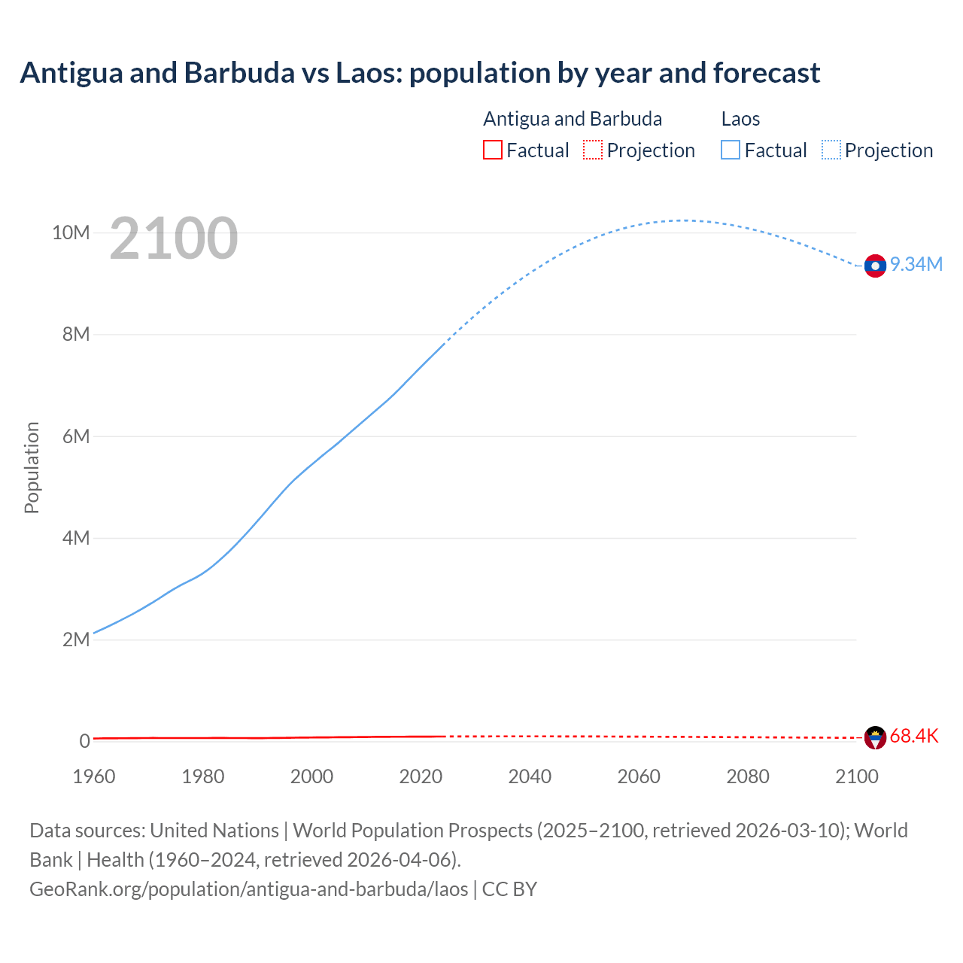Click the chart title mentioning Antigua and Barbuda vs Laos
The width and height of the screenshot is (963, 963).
pos(420,73)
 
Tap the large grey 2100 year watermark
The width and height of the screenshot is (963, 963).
pos(174,238)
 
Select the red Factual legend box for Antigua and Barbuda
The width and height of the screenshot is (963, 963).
pos(492,150)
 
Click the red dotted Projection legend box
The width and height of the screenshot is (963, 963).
pos(593,150)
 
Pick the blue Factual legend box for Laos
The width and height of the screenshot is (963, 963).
pos(730,150)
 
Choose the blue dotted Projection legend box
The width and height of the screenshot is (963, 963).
pos(831,150)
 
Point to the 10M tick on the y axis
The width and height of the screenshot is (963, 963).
pos(71,232)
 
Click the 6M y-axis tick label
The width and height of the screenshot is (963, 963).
pos(76,436)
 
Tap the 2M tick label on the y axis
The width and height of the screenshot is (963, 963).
pos(76,639)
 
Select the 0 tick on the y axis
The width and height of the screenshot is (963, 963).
pos(85,741)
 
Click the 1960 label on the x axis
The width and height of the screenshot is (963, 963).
pos(94,776)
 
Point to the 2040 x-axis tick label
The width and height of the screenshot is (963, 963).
pos(530,776)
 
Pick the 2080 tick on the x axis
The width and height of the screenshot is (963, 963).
pos(748,776)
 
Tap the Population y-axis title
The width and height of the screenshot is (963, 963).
pos(32,467)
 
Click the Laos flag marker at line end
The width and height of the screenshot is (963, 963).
pos(875,266)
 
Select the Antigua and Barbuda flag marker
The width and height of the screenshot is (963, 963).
pos(875,737)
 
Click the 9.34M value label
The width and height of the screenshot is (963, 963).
pos(916,264)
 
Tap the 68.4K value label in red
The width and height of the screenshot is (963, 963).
pos(914,736)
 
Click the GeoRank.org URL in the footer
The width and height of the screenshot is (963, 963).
pos(248,889)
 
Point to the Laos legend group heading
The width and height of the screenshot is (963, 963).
pos(740,119)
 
